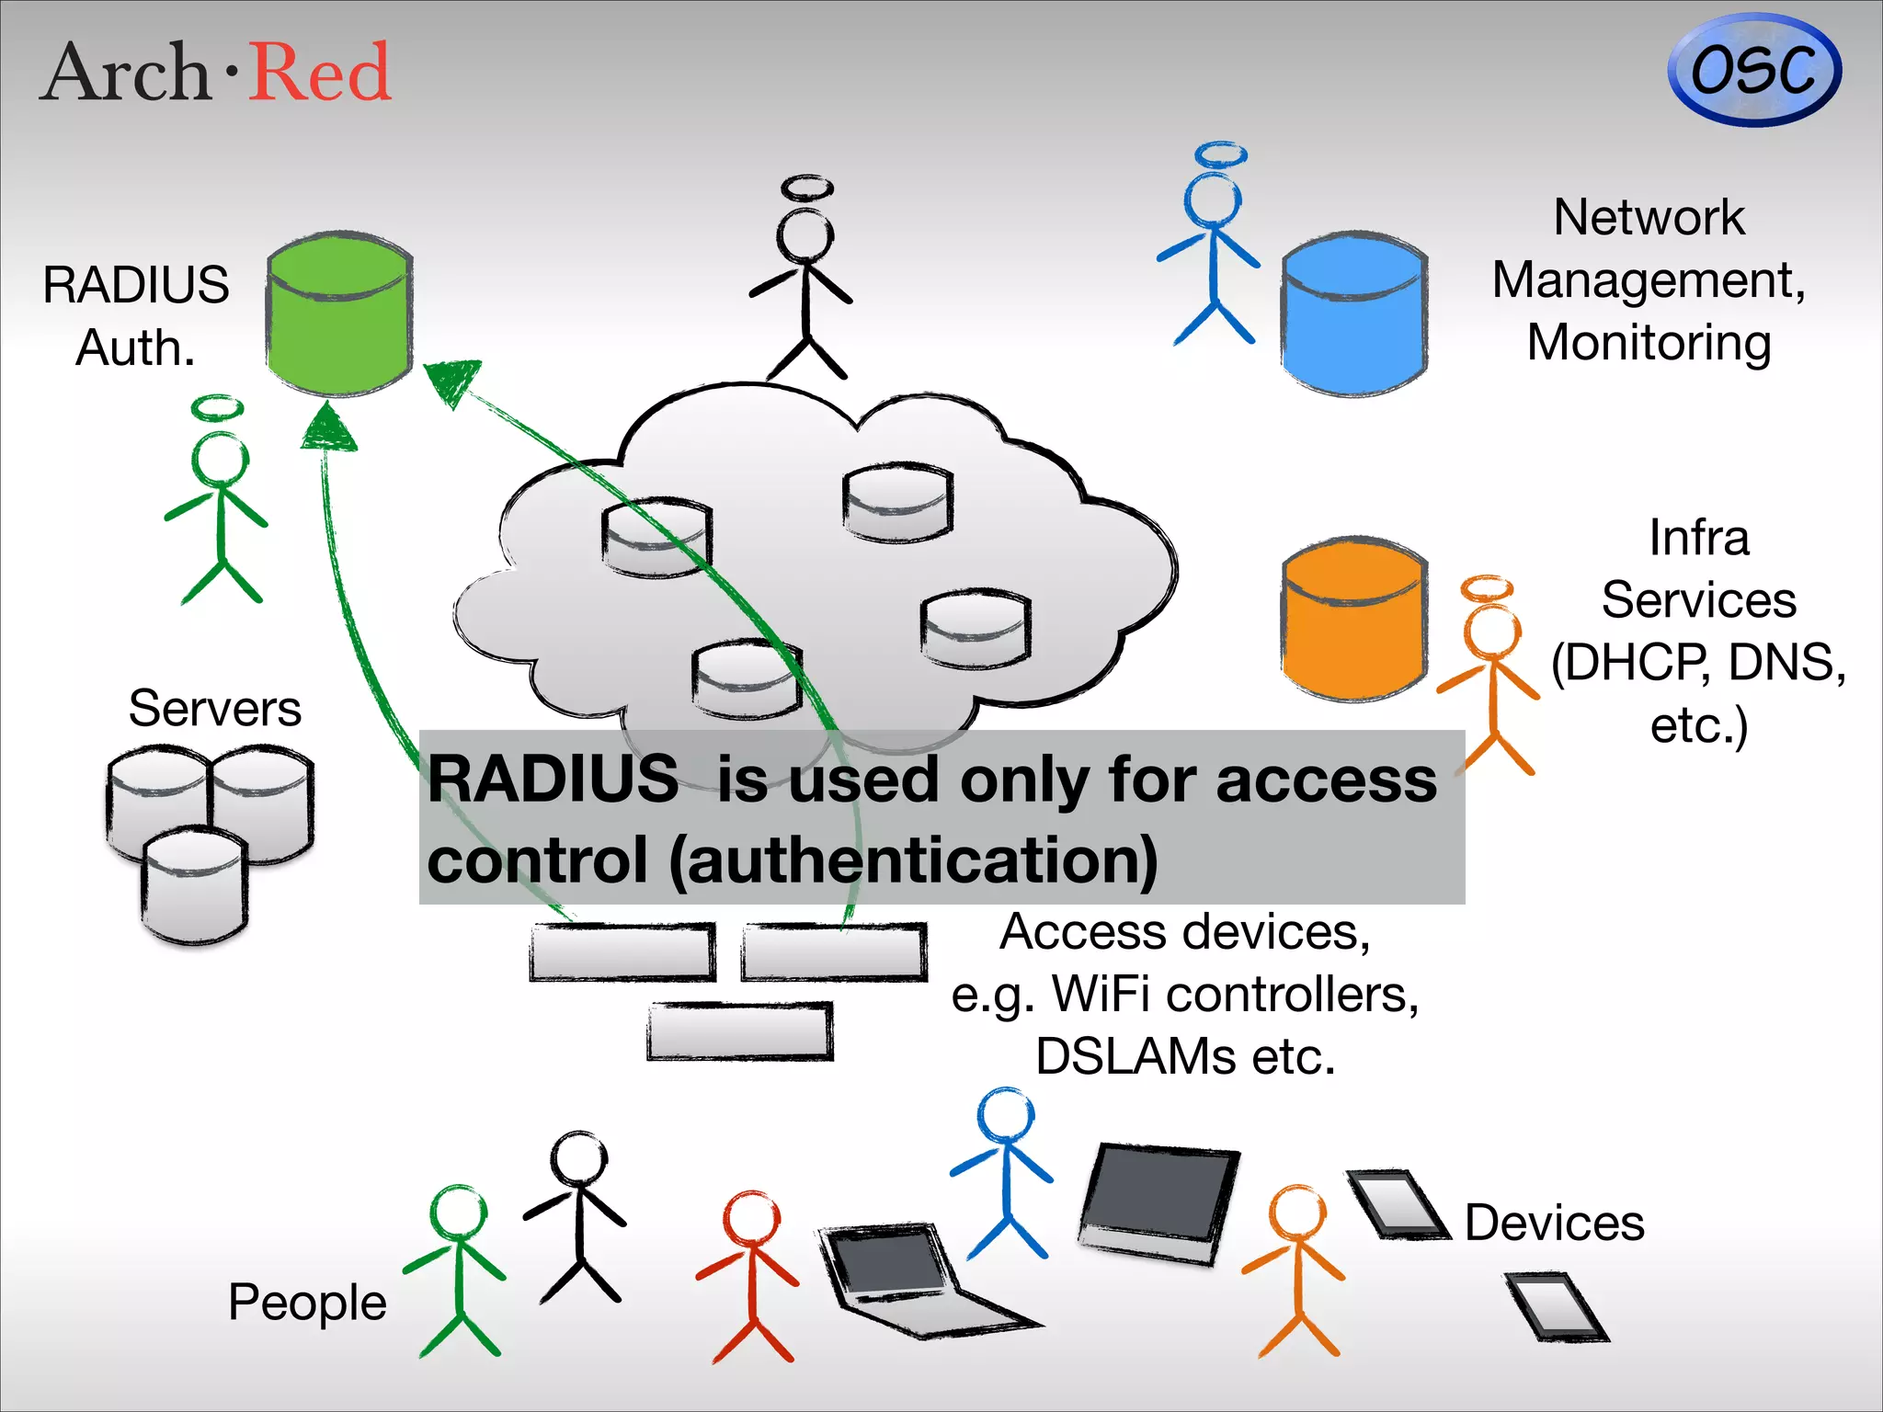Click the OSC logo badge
click(x=1753, y=70)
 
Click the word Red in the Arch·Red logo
click(x=320, y=74)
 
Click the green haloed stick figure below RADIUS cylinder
click(x=220, y=510)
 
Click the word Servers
click(x=214, y=709)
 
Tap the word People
click(x=307, y=1302)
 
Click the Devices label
click(x=1554, y=1223)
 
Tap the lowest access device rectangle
click(x=740, y=1031)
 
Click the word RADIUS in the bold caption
click(x=553, y=780)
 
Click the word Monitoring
click(x=1649, y=343)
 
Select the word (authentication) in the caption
click(x=912, y=860)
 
